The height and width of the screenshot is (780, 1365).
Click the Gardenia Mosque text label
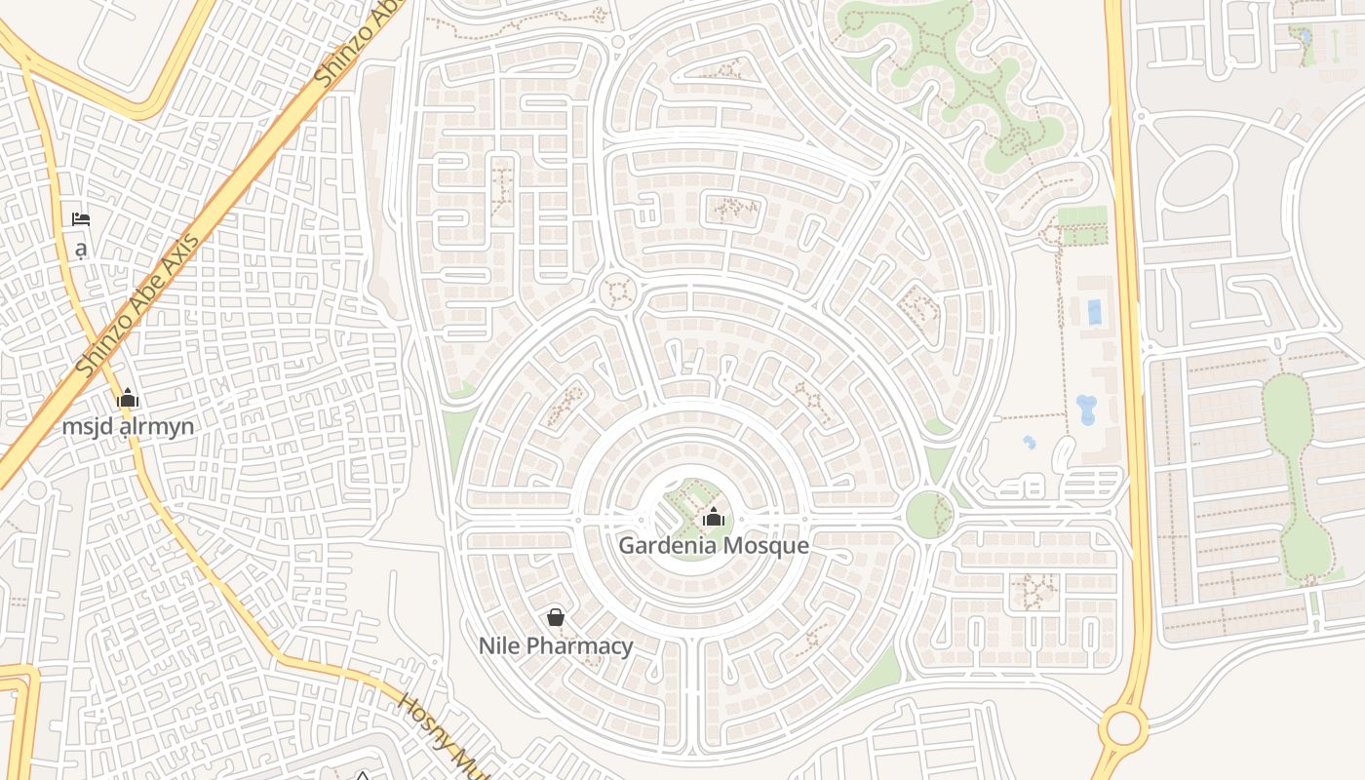tap(714, 545)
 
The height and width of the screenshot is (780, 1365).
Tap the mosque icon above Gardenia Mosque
tap(714, 517)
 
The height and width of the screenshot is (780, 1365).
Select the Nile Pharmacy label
tap(556, 645)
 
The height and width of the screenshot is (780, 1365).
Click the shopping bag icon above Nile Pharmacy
tap(556, 617)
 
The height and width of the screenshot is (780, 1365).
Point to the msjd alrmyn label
tap(128, 426)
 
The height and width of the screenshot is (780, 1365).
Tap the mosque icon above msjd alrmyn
tap(128, 398)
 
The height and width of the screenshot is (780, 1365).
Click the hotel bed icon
tap(81, 219)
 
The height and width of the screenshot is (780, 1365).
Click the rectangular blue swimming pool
tap(1094, 312)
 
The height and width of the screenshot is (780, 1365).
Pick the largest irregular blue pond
tap(1086, 409)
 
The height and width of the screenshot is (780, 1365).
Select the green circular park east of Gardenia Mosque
tap(929, 514)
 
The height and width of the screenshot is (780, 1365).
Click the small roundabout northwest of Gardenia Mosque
tap(617, 291)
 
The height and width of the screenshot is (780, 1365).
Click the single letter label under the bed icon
tap(81, 249)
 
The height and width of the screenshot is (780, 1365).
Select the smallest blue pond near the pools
tap(1030, 443)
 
